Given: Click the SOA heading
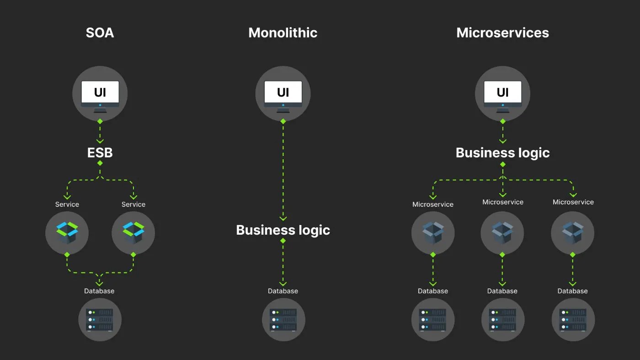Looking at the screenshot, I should point(100,33).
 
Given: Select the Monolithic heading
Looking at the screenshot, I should point(283,33).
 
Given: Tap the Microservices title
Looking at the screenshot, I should point(502,33).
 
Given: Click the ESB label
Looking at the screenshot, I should point(100,152).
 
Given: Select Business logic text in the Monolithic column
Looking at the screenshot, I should point(283,230).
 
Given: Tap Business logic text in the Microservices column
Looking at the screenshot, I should point(502,153).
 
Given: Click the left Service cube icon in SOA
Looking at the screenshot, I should point(67,233).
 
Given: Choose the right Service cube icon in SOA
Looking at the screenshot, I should point(133,233).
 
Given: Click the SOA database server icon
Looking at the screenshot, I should point(100,319).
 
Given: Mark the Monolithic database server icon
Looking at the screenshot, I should point(283,319).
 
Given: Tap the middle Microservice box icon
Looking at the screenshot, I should point(502,233).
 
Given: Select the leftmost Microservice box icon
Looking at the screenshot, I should point(432,233).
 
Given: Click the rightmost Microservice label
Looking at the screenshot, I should point(573,202).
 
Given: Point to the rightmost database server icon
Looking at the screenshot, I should point(573,319).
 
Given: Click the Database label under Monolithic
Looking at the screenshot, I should point(283,291).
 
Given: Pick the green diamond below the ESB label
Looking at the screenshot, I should point(100,163).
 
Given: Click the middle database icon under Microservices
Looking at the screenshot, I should point(502,319).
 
